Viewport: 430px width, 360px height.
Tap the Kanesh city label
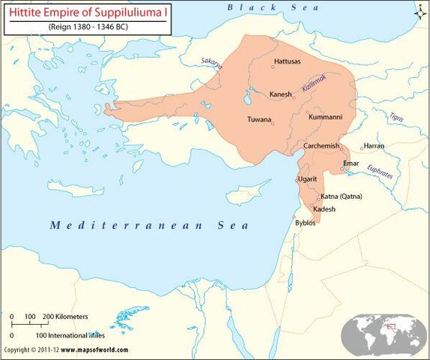(281, 94)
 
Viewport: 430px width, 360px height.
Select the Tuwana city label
(258, 119)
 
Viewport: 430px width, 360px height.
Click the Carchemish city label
(321, 145)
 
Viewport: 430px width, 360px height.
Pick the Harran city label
(374, 145)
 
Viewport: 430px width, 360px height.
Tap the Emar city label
(351, 163)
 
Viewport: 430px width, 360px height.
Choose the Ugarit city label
(308, 179)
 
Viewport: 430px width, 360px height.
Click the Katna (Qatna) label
(341, 196)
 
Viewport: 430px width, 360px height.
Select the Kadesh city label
(324, 209)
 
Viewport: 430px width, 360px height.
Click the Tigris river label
(396, 117)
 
